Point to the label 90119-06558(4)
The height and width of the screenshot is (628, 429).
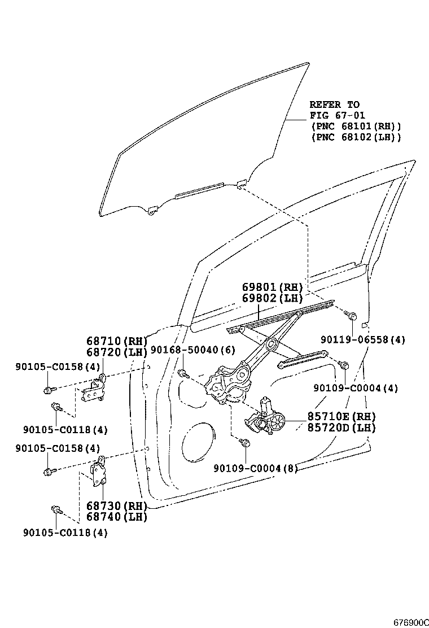point(363,340)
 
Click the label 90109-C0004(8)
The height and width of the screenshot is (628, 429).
point(256,468)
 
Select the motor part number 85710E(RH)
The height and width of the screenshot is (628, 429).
point(341,417)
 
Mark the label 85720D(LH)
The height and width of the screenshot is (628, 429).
point(341,428)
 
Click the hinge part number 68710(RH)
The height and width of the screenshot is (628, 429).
point(117,341)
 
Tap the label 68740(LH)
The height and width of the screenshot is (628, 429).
point(117,516)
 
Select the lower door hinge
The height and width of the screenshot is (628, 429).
point(99,472)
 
